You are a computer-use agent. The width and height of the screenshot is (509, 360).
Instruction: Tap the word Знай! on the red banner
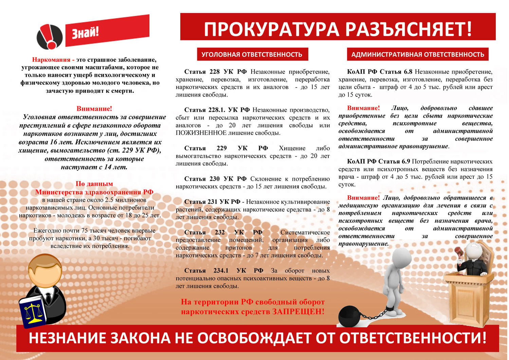point(85,33)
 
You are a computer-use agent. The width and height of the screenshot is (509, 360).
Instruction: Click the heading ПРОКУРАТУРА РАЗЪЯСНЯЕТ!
point(338,29)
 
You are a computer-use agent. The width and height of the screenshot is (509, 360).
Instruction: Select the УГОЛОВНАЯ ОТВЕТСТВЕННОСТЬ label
point(252,54)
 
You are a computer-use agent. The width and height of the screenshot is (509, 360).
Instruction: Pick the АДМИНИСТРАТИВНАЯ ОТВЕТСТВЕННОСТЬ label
point(418,54)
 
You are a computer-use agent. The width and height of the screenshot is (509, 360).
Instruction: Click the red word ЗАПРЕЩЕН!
point(298,311)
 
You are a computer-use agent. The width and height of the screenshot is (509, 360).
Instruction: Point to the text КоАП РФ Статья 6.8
point(380,72)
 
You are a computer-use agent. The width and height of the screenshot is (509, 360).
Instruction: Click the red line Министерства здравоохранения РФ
point(94,192)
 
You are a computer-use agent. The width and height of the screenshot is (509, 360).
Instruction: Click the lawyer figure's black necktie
point(48,299)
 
